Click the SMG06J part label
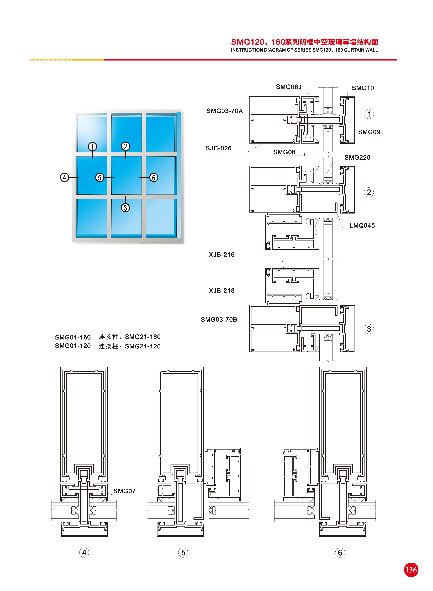289,87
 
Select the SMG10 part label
363,88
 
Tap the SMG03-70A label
225,111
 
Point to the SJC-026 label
219,148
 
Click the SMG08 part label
284,152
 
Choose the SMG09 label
369,132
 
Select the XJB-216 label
221,254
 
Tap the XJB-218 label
221,290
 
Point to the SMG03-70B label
219,319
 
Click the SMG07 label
124,491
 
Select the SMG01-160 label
73,337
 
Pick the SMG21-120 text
143,346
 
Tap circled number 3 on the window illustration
125,207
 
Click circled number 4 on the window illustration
65,177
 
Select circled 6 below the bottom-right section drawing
340,552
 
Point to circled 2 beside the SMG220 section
369,192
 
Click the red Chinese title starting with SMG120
304,42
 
